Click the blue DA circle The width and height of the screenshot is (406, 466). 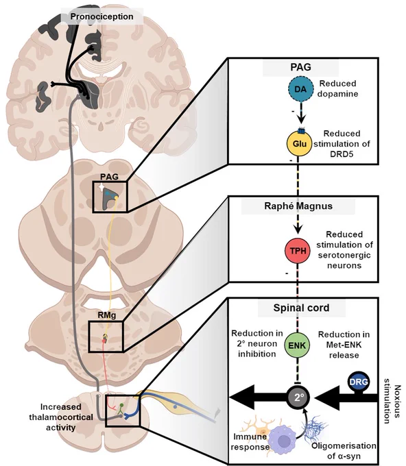point(300,89)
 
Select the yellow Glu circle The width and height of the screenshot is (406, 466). point(299,143)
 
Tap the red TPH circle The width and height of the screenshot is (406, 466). point(298,251)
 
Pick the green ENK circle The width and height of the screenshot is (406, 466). point(297,345)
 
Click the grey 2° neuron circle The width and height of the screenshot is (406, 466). point(298,397)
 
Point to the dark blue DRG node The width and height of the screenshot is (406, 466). point(359,382)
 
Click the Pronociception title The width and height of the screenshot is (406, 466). point(101,16)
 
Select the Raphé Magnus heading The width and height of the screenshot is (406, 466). point(298,206)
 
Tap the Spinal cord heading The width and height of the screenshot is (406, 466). point(301,308)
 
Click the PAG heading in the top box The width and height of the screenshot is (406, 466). point(300,67)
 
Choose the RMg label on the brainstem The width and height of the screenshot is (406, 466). point(107,315)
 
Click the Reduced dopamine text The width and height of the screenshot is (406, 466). point(337,88)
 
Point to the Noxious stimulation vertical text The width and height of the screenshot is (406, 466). point(392,401)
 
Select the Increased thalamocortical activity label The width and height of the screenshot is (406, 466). point(61,417)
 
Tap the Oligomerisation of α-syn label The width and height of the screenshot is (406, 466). point(344,450)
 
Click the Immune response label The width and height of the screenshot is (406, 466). point(250,441)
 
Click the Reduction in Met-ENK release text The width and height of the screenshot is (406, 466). point(344,345)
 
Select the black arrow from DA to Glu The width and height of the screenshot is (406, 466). point(301,113)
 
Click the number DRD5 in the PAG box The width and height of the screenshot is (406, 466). point(342,154)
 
